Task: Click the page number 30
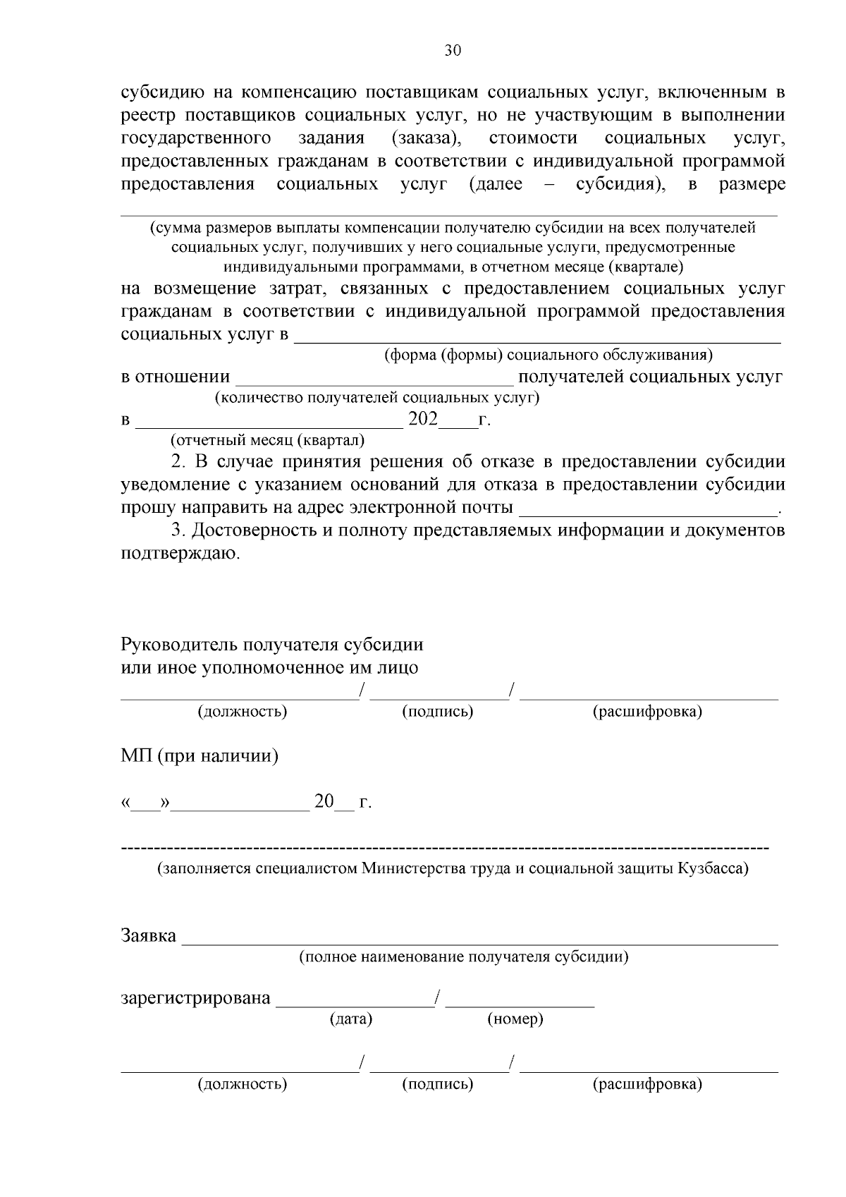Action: click(452, 51)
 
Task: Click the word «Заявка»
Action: click(149, 936)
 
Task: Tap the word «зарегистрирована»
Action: click(196, 998)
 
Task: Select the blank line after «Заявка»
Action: click(479, 941)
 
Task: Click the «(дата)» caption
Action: click(351, 1019)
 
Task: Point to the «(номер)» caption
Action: click(515, 1019)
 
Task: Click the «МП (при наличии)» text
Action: click(200, 757)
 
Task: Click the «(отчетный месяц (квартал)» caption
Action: click(268, 441)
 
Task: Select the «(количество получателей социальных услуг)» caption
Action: click(377, 398)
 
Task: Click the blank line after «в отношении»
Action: click(374, 382)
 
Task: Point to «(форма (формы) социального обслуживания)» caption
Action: click(548, 355)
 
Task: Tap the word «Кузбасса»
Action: click(713, 868)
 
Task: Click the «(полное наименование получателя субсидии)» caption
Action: click(464, 957)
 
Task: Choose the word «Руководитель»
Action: click(180, 645)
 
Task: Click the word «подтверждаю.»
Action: click(181, 554)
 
